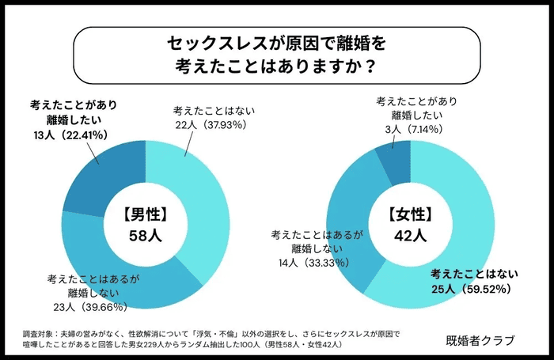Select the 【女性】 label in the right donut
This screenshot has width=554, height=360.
tap(410, 213)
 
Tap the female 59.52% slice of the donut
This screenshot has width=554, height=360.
tap(467, 237)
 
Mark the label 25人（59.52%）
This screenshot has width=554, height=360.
tap(473, 289)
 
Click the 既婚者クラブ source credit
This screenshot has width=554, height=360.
tap(480, 340)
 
